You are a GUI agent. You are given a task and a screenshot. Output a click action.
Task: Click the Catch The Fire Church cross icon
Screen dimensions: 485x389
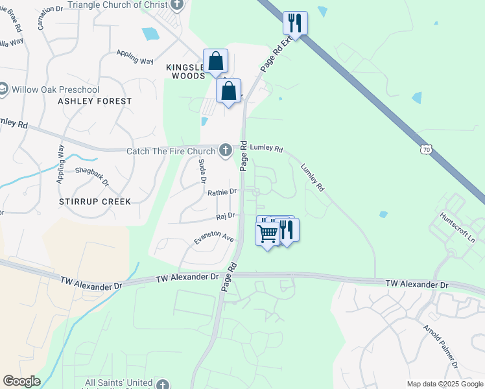point(226,150)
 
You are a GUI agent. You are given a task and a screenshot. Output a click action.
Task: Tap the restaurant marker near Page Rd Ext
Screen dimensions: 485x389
point(295,23)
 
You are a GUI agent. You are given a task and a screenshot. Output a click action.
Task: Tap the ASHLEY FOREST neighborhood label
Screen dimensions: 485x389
point(95,101)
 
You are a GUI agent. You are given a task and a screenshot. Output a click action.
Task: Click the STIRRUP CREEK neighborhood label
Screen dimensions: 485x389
point(95,202)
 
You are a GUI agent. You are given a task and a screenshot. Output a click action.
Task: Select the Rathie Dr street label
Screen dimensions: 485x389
point(222,192)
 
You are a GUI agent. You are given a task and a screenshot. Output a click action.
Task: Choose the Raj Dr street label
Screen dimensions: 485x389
point(225,215)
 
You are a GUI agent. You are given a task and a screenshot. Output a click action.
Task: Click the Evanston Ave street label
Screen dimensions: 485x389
point(213,239)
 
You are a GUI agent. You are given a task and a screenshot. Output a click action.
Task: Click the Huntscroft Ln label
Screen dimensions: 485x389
point(458,226)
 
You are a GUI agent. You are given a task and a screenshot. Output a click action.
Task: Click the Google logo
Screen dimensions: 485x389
point(21,381)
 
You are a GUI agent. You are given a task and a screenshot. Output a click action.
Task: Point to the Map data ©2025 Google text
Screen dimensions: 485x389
point(444,384)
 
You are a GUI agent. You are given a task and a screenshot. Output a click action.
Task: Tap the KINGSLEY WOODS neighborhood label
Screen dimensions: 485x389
point(185,71)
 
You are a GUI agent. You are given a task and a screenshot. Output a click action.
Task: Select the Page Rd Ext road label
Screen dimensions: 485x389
point(275,56)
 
